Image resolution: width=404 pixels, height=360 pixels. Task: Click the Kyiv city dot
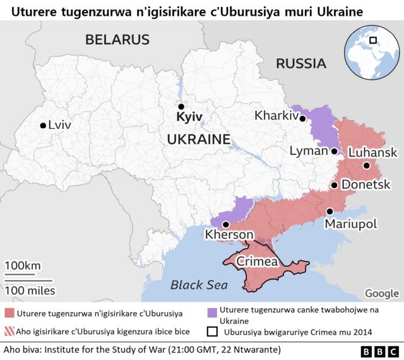(x=181, y=107)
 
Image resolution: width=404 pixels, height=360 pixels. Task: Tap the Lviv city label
(x=59, y=125)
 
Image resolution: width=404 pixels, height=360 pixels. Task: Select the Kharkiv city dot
(x=303, y=118)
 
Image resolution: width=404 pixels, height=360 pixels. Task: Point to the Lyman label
(x=308, y=151)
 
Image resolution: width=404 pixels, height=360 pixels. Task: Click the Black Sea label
(x=199, y=285)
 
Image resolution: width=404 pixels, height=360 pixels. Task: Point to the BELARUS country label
(x=117, y=39)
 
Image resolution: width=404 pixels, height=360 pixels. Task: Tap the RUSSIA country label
(x=300, y=63)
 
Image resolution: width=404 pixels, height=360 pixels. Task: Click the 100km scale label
(x=23, y=265)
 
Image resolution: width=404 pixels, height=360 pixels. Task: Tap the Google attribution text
(x=381, y=293)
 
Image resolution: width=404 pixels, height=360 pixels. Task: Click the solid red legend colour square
(x=9, y=313)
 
